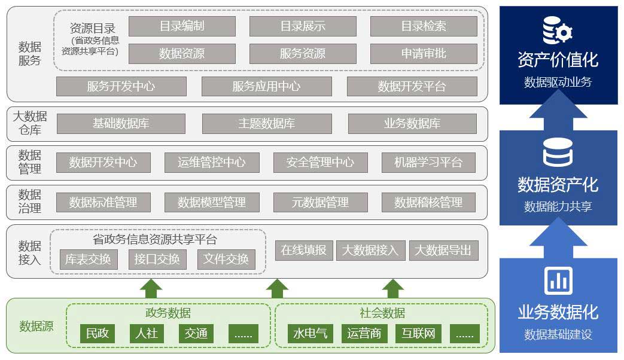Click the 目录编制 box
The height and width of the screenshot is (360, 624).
(182, 26)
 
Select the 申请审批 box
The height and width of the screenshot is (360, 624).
(424, 54)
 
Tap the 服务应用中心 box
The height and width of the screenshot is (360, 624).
(266, 86)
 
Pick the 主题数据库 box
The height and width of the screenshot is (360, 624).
(267, 124)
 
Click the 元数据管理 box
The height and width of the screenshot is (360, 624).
(320, 202)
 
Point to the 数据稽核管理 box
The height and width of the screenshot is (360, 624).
(428, 202)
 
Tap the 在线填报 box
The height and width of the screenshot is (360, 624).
(304, 250)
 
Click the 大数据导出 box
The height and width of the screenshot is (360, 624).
(443, 250)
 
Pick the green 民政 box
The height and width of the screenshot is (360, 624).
(98, 333)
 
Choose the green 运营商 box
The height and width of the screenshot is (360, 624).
(364, 333)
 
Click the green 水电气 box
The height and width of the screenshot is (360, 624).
(311, 333)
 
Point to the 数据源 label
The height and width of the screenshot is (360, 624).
(36, 326)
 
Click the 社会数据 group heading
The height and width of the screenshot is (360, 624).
(382, 313)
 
